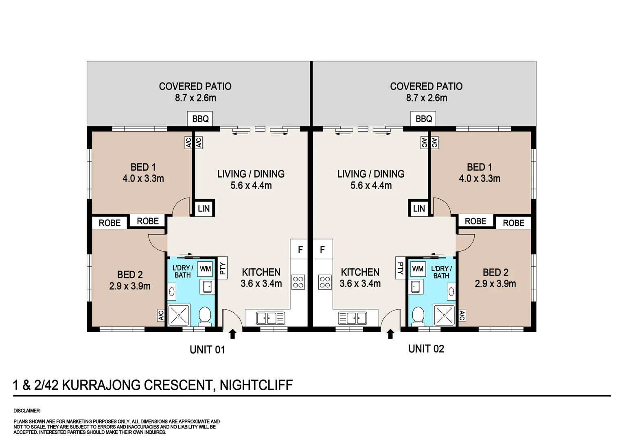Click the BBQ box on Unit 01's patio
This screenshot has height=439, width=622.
point(200,119)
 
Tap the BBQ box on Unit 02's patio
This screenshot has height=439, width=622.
point(423,119)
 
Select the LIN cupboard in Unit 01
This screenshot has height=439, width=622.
point(204,209)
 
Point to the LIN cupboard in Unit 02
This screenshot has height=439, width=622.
point(419,209)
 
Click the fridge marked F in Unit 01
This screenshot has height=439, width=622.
point(299,249)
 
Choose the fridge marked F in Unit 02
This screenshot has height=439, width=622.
point(324,249)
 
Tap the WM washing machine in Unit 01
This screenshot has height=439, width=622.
point(206,269)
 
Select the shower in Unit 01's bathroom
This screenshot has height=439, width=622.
point(179,315)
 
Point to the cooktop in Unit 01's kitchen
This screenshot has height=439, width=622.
point(298,283)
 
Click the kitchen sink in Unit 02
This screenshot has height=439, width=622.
point(353,318)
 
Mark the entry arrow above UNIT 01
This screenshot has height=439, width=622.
point(233,334)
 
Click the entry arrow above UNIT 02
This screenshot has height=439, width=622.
point(390,334)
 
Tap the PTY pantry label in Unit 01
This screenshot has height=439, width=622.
point(222,268)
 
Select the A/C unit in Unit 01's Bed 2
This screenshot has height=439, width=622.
point(161,315)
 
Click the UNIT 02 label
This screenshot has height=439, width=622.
point(426,349)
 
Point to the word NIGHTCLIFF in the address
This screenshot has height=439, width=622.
point(256,385)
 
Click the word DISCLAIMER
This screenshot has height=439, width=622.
point(26,411)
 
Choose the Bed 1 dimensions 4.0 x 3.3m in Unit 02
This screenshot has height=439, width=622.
point(480,178)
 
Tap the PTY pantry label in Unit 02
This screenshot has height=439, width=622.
point(401,268)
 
